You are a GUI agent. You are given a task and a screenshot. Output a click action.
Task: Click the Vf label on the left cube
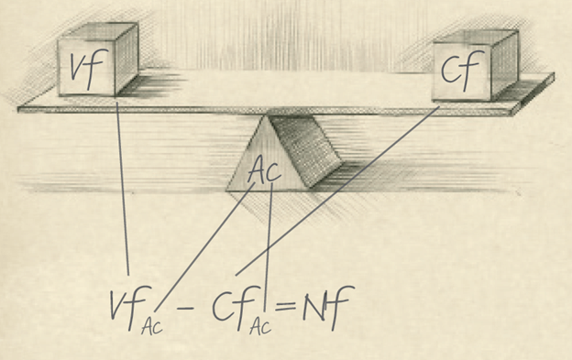point(83,69)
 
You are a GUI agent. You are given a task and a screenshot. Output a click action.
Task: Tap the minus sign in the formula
point(186,310)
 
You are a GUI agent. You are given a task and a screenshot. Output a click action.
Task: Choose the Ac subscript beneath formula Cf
point(260,327)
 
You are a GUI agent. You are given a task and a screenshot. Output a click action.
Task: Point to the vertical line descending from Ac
point(269,238)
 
